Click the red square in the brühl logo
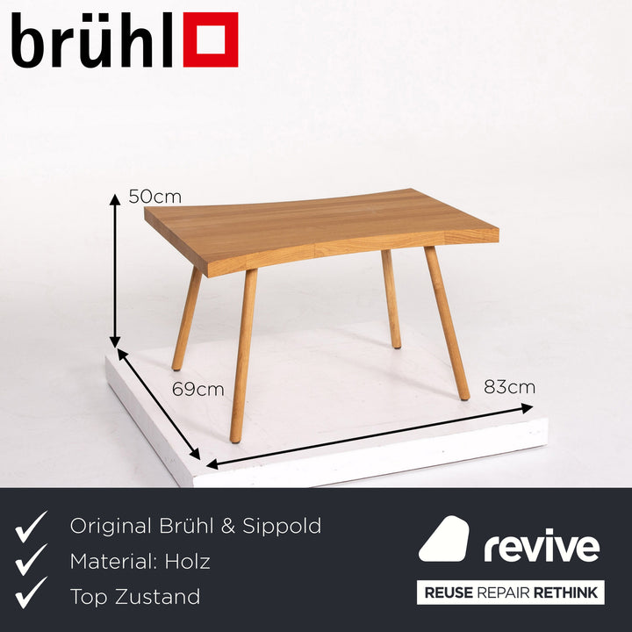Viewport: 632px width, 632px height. coord(210,39)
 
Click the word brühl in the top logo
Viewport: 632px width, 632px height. coord(91,41)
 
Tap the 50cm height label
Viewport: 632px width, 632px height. coord(154,197)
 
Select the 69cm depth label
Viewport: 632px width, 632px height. coord(197,389)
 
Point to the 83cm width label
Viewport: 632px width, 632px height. coord(508,387)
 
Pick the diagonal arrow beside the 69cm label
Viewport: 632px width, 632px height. coord(159,405)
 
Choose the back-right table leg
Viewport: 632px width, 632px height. coord(391,298)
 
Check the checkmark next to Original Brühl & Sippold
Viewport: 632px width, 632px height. coord(32,527)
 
